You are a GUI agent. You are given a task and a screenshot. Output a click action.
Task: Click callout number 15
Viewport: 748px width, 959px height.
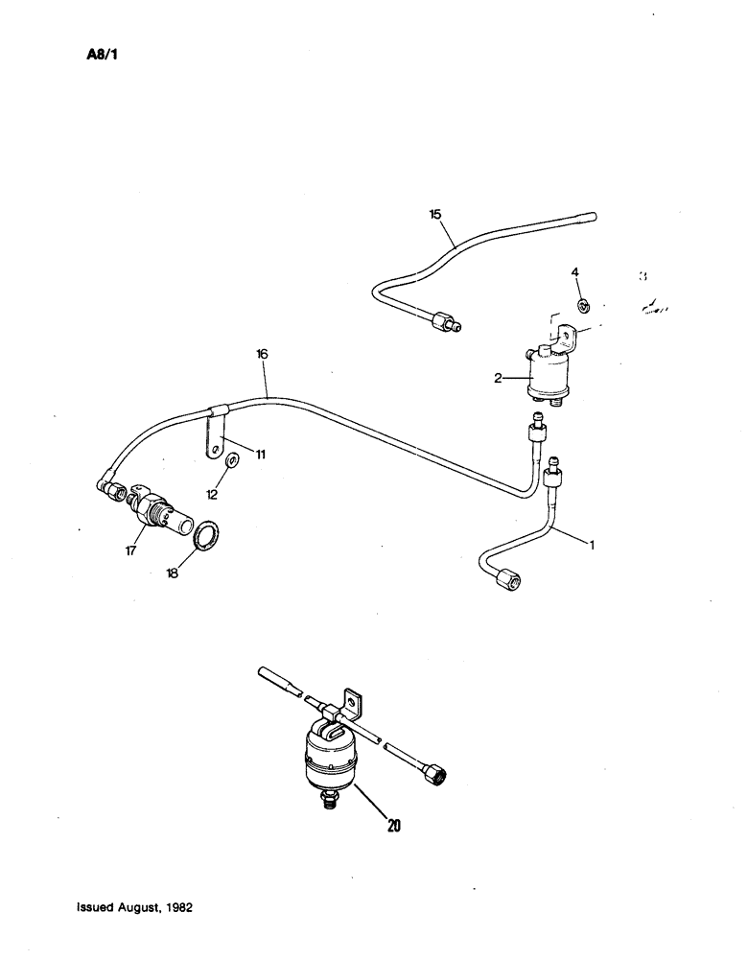435,215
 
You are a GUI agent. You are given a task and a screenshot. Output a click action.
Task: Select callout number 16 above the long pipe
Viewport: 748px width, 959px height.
262,354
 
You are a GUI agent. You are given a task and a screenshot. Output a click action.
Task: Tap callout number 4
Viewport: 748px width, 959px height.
575,273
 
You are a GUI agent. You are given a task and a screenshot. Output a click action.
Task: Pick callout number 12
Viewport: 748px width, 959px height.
211,494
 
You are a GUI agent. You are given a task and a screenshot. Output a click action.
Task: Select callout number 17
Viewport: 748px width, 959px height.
130,551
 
